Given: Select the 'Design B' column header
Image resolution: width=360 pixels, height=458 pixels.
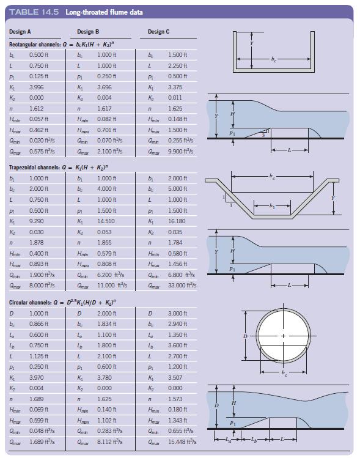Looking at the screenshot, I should [x=88, y=31].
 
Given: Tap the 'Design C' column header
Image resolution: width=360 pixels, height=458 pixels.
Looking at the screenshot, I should [x=158, y=31].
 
